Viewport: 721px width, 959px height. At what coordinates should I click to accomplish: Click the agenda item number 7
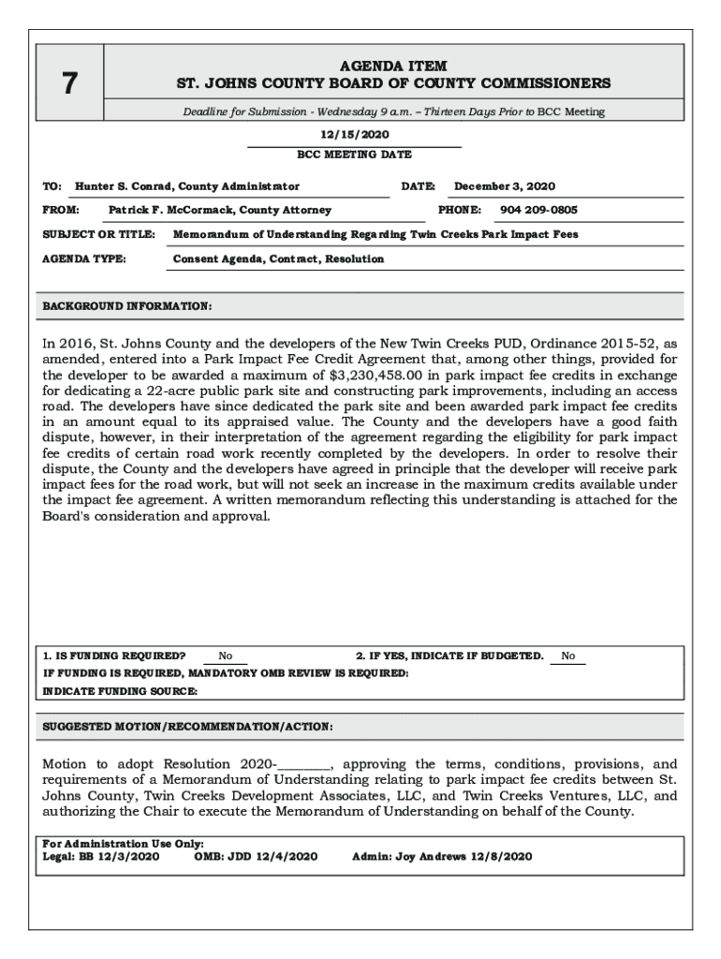click(x=69, y=84)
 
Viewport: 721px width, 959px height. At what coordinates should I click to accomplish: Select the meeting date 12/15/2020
click(x=354, y=135)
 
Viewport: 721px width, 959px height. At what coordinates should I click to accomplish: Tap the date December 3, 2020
click(x=505, y=186)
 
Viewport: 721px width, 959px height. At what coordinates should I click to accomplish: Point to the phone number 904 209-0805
click(x=538, y=211)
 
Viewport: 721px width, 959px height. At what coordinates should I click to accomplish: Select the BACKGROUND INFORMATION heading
click(x=127, y=306)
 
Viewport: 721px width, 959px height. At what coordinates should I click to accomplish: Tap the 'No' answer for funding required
click(x=226, y=657)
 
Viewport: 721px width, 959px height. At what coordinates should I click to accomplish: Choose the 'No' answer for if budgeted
click(x=568, y=657)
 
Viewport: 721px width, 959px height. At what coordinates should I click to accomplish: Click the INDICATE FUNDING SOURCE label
click(x=121, y=691)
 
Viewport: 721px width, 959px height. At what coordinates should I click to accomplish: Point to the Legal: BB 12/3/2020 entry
click(x=101, y=856)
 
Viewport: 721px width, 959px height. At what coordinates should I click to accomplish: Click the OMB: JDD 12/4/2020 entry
click(x=256, y=856)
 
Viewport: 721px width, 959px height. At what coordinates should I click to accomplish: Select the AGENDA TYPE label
click(x=84, y=258)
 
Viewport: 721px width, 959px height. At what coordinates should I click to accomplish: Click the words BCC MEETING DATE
click(x=354, y=155)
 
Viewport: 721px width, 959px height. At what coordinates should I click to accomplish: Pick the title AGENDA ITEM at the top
click(x=393, y=66)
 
